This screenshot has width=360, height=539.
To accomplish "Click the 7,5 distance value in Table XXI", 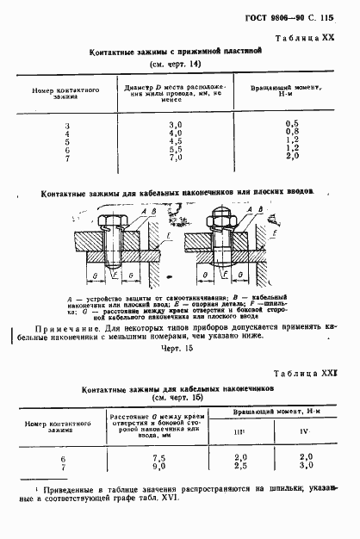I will click(x=158, y=457).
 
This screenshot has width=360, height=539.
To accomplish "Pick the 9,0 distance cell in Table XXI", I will click(x=158, y=465).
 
